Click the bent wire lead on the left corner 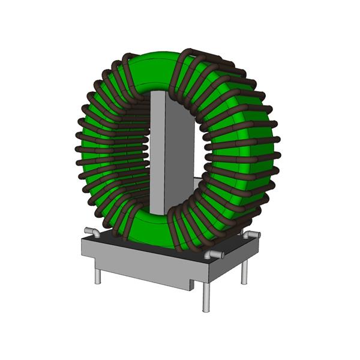(91, 232)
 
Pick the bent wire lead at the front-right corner (214, 255)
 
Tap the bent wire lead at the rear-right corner (253, 234)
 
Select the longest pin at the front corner (206, 296)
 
